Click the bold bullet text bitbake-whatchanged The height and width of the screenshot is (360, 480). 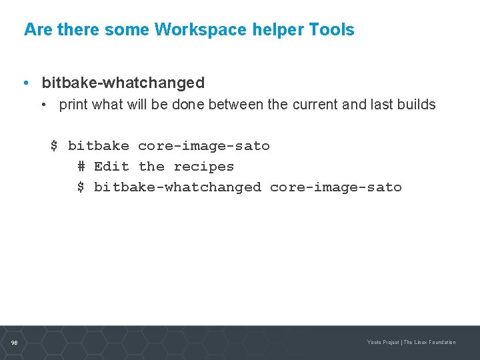tap(123, 83)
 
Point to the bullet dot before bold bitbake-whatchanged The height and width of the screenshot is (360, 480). tap(25, 83)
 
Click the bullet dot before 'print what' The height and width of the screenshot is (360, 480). tap(42, 105)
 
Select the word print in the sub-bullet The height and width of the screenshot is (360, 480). tap(73, 105)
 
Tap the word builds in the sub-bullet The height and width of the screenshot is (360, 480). tap(415, 105)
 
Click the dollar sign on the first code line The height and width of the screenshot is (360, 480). tap(55, 146)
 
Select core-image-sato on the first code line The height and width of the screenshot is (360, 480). tap(204, 146)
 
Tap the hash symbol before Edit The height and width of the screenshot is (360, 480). tap(81, 167)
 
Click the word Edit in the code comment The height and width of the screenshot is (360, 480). tap(111, 167)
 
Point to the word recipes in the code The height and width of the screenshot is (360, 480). tap(204, 167)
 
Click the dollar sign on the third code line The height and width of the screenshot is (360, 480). tap(81, 187)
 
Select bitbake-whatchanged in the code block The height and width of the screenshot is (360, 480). tap(177, 187)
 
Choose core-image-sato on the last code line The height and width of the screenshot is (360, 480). tap(336, 187)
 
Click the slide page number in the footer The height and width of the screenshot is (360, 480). tap(14, 343)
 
